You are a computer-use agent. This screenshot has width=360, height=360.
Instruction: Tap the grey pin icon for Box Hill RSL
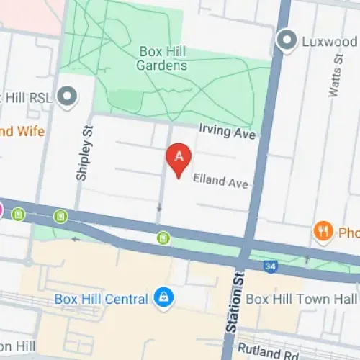[68, 96]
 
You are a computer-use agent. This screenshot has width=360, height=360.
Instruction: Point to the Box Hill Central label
[109, 298]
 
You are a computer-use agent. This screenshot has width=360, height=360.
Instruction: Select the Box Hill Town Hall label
[301, 298]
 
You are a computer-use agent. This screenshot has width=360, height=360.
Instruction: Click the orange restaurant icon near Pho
[322, 232]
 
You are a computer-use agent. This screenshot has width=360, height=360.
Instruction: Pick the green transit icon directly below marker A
[164, 237]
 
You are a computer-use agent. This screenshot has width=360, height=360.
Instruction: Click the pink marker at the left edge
[1, 211]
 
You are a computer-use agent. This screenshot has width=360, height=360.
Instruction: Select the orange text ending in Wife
[22, 132]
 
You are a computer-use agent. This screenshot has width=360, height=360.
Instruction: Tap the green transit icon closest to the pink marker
[19, 214]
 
